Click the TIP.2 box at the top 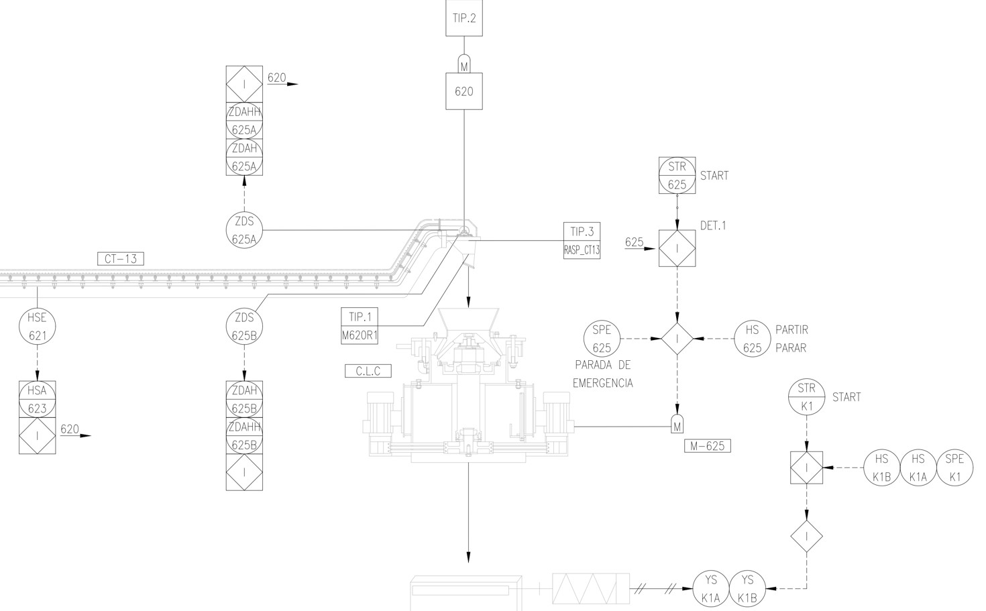tap(464, 17)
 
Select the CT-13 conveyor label tap(121, 258)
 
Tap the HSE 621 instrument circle tap(38, 327)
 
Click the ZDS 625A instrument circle tap(244, 230)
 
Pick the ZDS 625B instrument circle tap(244, 326)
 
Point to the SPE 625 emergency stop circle tap(602, 339)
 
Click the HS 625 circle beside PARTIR tap(753, 339)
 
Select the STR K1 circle tap(806, 397)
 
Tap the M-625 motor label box tap(708, 446)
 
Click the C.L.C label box tap(368, 371)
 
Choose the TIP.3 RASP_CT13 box tap(582, 241)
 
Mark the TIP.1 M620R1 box tap(360, 326)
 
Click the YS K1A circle tap(711, 589)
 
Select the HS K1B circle tap(881, 467)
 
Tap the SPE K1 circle tap(954, 467)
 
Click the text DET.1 tap(713, 226)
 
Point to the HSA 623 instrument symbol tap(38, 399)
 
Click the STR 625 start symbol tap(677, 175)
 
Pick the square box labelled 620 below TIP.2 tap(464, 91)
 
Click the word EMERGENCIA tap(602, 384)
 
